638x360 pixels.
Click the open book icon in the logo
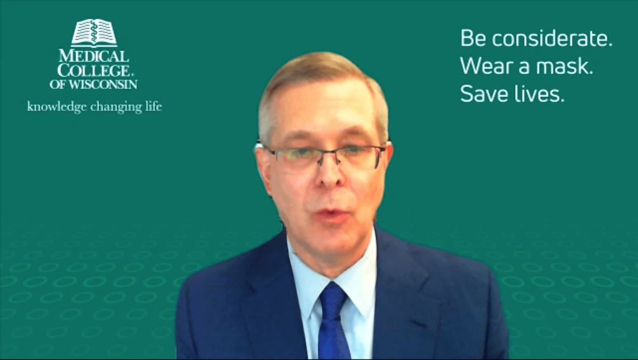[94, 32]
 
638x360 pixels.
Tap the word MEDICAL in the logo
[94, 56]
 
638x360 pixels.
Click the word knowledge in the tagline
[57, 107]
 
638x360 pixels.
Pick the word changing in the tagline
[116, 107]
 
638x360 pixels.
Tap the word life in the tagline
[154, 106]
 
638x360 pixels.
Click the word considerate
[552, 38]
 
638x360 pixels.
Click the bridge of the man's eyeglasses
[330, 153]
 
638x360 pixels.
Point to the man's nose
[330, 174]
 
